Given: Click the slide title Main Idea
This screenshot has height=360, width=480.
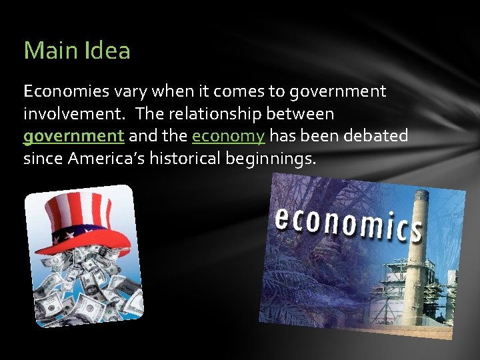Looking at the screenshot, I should point(77,51).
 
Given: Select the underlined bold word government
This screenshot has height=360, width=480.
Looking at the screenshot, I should point(73,137).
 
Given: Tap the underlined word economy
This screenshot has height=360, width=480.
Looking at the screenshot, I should point(229,137).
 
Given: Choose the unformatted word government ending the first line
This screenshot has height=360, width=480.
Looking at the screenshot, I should point(336,91).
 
